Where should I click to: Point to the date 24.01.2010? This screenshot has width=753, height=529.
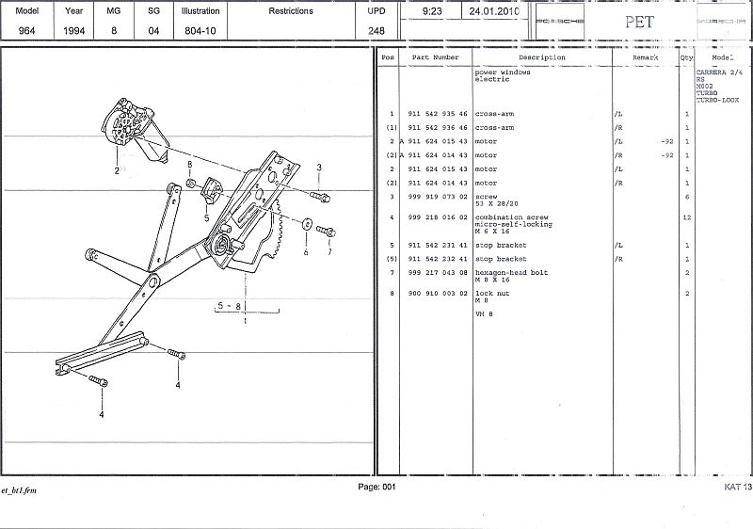[493, 11]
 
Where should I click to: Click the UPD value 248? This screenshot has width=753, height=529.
[376, 30]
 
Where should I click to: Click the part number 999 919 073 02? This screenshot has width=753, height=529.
[438, 197]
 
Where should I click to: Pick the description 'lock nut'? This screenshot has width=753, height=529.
[491, 294]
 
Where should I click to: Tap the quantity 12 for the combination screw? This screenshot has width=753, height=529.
[687, 217]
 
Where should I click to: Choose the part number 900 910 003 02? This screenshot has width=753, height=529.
[438, 294]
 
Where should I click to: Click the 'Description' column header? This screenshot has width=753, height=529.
[541, 57]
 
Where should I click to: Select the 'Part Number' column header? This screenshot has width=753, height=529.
[436, 57]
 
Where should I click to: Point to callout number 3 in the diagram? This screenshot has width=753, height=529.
[319, 168]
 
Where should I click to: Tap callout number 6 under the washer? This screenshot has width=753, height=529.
[306, 251]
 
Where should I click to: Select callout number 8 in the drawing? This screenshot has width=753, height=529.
[189, 166]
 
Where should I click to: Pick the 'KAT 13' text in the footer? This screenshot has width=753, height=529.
[737, 487]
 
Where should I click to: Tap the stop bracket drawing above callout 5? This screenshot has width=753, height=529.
[211, 190]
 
